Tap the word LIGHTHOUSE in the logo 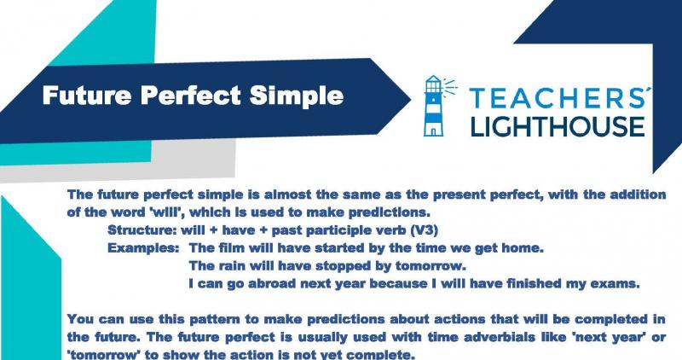pos(558,126)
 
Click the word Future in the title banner pos(87,95)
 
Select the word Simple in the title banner pos(297,96)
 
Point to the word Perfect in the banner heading pos(190,95)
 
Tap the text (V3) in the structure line pos(424,230)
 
